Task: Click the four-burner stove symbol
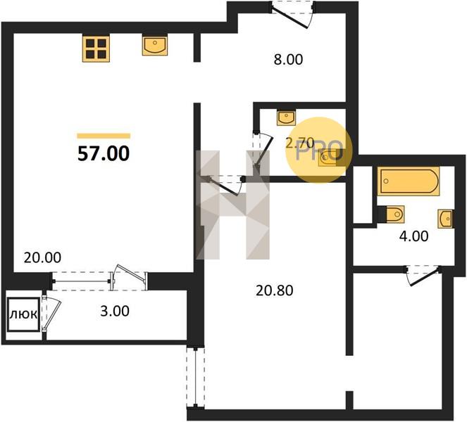tap(96, 48)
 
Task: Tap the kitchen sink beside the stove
tap(154, 45)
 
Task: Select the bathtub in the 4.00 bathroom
tap(409, 181)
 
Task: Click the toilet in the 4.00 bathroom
tap(392, 214)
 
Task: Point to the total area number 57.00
tap(104, 154)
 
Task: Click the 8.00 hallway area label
tap(288, 60)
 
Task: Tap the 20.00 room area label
tap(42, 257)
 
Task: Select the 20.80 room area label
tap(274, 290)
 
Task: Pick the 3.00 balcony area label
tap(115, 311)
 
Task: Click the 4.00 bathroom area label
tap(413, 236)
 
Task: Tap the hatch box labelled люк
tap(23, 314)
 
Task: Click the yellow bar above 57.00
tap(104, 136)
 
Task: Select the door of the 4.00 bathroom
tap(423, 275)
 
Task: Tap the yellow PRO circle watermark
tap(318, 150)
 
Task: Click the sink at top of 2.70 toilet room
tap(286, 117)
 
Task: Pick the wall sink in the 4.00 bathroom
tap(446, 219)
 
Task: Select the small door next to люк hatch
tap(51, 313)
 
